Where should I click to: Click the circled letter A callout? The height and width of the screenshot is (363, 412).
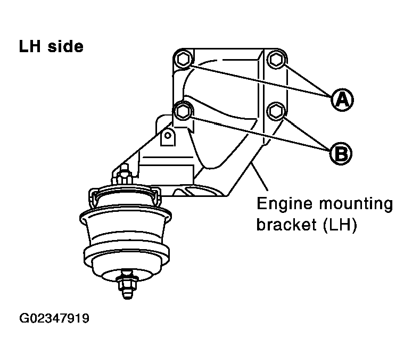pyautogui.click(x=342, y=100)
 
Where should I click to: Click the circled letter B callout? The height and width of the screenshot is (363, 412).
pyautogui.click(x=341, y=153)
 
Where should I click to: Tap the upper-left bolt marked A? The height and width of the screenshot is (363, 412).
pyautogui.click(x=183, y=60)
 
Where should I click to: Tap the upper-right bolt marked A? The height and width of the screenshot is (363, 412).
pyautogui.click(x=276, y=60)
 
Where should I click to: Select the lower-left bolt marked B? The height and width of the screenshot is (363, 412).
pyautogui.click(x=183, y=111)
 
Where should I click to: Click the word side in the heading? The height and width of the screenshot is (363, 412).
pyautogui.click(x=65, y=46)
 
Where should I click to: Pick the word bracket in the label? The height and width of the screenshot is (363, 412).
pyautogui.click(x=286, y=225)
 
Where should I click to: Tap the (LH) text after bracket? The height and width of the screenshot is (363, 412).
pyautogui.click(x=340, y=225)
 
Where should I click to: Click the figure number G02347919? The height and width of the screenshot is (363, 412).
pyautogui.click(x=54, y=319)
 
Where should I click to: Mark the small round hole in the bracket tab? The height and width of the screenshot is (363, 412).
pyautogui.click(x=168, y=136)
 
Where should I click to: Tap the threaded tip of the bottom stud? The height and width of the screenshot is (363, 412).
pyautogui.click(x=127, y=294)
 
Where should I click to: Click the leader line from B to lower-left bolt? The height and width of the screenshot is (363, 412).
pyautogui.click(x=261, y=134)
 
